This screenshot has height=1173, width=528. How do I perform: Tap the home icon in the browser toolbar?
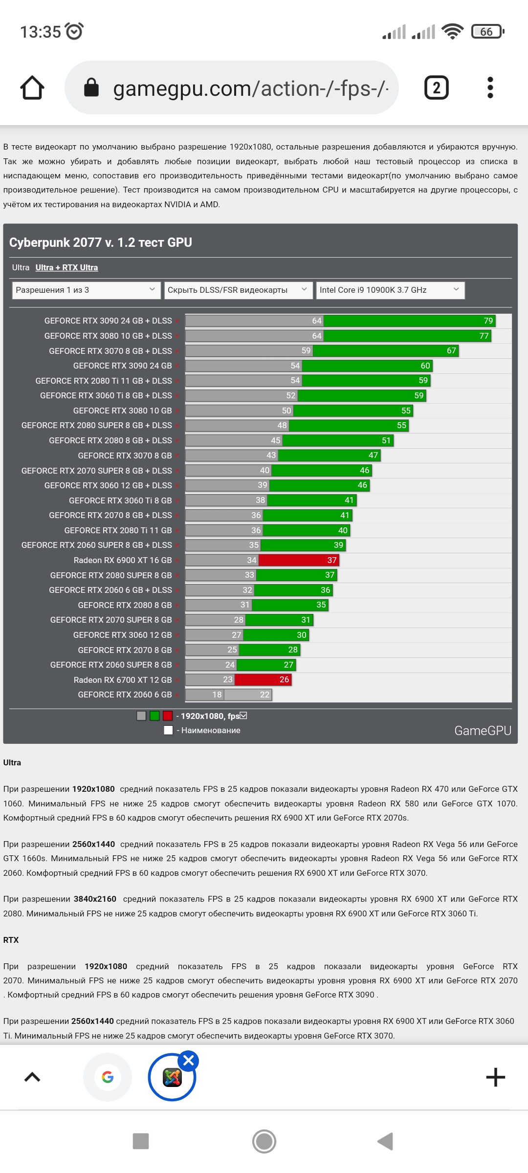(x=32, y=88)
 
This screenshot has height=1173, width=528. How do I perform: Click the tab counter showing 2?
(x=436, y=88)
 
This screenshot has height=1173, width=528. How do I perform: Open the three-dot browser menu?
(x=490, y=88)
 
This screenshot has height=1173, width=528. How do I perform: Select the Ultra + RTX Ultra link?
(x=66, y=267)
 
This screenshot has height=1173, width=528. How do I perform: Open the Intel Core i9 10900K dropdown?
(x=390, y=290)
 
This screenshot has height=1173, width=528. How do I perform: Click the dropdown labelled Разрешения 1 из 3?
(x=86, y=290)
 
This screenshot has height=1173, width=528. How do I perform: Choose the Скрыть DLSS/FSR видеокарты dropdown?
(x=238, y=290)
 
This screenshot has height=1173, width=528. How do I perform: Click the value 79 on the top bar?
(x=488, y=321)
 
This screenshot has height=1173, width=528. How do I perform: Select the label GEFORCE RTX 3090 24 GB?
(x=122, y=366)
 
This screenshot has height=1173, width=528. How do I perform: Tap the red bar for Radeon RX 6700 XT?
(x=263, y=680)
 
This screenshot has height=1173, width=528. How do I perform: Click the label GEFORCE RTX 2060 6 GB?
(x=125, y=695)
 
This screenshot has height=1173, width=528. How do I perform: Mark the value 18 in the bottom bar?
(x=217, y=695)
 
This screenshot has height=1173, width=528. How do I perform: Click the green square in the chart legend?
(x=154, y=716)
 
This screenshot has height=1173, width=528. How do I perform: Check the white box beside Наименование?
(x=169, y=730)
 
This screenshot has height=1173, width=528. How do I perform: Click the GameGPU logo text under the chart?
(x=483, y=731)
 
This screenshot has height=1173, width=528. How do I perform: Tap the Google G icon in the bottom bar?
(x=108, y=1077)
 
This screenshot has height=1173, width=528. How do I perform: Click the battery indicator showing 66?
(x=487, y=32)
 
